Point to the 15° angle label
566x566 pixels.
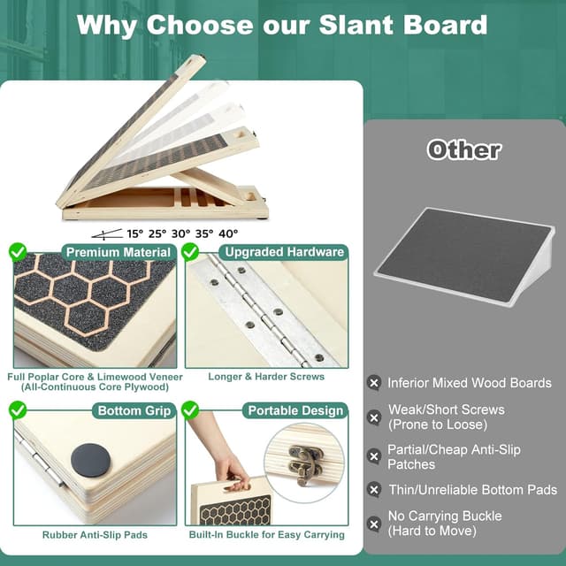pos(134,234)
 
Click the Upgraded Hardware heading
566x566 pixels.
pos(283,252)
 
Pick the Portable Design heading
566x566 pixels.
pos(295,410)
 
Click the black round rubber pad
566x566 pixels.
pos(90,460)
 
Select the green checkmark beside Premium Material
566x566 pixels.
pos(18,252)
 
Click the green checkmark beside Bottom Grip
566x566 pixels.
pos(18,409)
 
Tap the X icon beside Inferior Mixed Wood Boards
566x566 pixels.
pos(374,383)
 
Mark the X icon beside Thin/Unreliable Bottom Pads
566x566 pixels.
pos(374,489)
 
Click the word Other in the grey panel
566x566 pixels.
pos(463,149)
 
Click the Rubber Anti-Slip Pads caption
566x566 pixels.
pos(95,534)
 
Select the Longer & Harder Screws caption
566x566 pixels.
pos(266,377)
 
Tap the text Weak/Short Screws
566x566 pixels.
pos(446,410)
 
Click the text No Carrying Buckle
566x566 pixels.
pos(445,516)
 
